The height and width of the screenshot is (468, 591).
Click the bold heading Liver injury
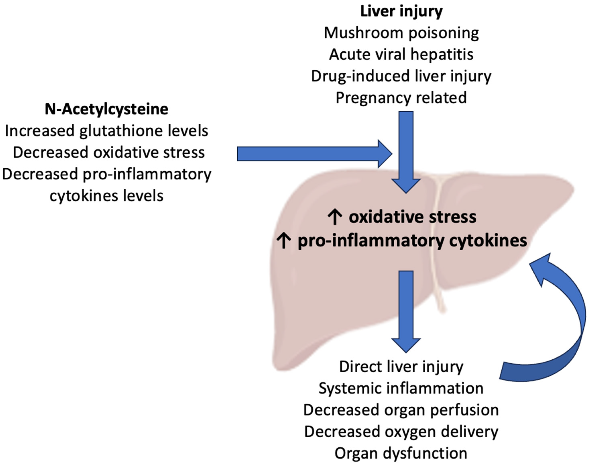(401, 11)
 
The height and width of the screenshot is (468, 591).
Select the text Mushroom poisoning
(401, 33)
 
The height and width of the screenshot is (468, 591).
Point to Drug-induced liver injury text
(401, 76)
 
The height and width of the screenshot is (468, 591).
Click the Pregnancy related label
(401, 98)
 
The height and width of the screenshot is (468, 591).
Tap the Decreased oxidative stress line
(109, 152)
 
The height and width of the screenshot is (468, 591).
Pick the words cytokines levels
(106, 196)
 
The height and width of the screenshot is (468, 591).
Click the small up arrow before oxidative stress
(335, 217)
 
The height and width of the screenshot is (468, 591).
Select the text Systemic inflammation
(401, 389)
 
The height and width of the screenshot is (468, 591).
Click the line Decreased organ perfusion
(401, 410)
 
